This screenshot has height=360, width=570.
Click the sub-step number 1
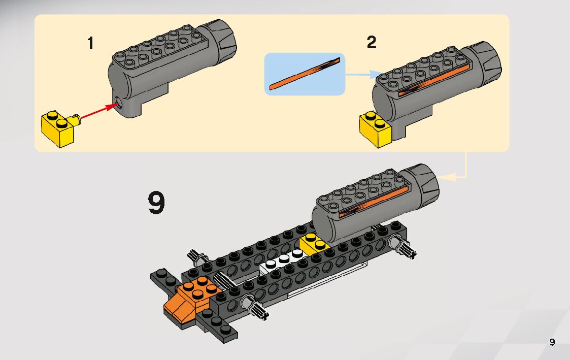90,43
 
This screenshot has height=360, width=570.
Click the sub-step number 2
372,42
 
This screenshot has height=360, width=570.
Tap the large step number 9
157,203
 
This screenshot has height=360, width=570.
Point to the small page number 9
552,342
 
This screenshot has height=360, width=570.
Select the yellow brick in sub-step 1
60,129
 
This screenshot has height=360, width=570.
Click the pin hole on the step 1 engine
118,103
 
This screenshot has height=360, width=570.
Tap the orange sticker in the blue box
305,74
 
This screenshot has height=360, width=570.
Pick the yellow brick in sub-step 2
376,129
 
